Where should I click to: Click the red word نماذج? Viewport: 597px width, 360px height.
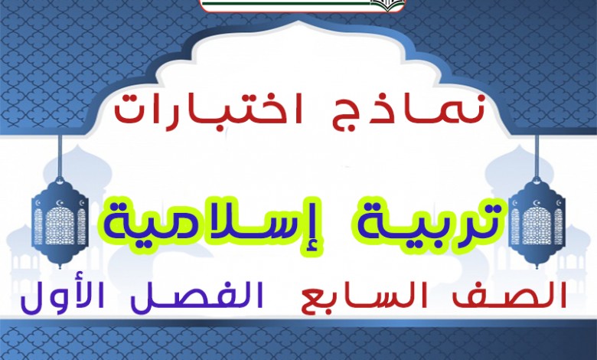coord(398,110)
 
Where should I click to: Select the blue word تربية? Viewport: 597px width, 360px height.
coord(411,224)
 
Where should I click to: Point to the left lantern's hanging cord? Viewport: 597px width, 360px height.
coord(60,155)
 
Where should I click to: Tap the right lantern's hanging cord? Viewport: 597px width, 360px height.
coord(537,155)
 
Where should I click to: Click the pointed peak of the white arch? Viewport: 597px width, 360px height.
coord(298,22)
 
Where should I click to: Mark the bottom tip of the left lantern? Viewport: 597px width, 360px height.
coord(60,267)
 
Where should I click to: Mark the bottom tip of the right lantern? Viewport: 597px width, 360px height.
coord(537,267)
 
